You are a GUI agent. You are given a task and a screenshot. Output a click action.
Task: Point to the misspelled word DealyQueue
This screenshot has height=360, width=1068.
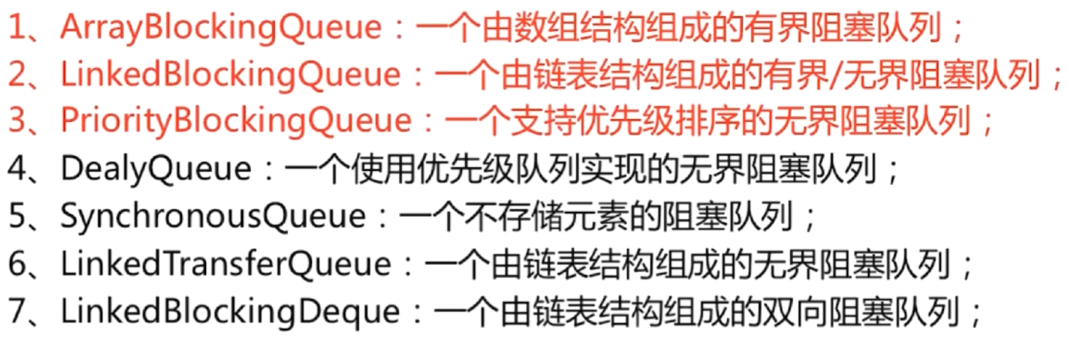click(x=156, y=169)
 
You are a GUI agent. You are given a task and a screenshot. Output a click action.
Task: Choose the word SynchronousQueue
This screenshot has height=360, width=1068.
click(x=212, y=217)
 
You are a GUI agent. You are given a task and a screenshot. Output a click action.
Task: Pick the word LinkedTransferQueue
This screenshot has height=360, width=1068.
click(x=225, y=264)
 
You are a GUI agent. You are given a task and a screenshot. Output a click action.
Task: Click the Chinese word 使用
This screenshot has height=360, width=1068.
click(x=367, y=169)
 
